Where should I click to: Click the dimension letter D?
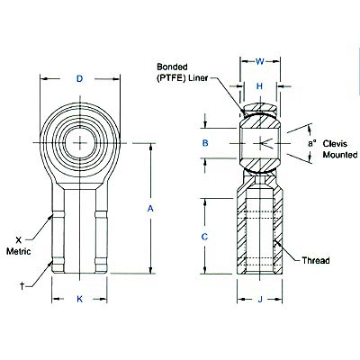point(79,79)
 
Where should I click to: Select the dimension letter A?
point(149,208)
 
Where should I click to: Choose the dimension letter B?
point(205,143)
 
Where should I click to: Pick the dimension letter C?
point(205,236)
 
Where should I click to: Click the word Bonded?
point(172,67)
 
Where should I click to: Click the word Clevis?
point(337,142)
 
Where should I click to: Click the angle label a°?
point(312,143)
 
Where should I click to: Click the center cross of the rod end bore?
point(79,141)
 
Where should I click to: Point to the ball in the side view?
point(259,142)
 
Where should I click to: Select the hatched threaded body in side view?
point(259,238)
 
